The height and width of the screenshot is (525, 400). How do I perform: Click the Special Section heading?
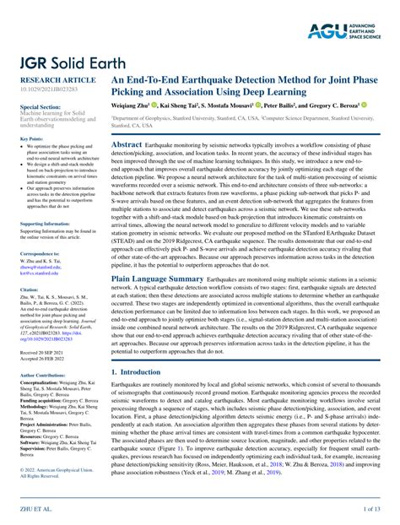click(x=41, y=108)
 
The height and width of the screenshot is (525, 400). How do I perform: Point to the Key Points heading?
click(x=32, y=138)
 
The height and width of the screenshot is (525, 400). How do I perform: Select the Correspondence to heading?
click(x=41, y=253)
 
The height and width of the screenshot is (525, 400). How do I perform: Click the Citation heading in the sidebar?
click(x=30, y=290)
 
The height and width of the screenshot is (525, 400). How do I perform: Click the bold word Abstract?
click(x=127, y=145)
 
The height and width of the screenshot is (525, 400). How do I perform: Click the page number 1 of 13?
click(x=372, y=510)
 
